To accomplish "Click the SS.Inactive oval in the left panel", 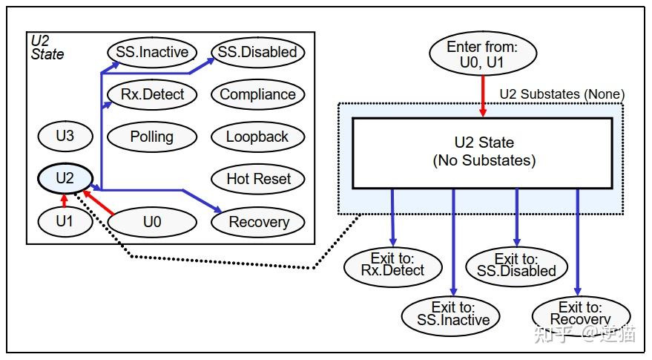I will [x=152, y=52].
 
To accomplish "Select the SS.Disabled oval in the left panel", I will [x=257, y=52].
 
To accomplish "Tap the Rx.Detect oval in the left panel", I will [x=152, y=94].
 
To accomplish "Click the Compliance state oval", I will [x=257, y=94].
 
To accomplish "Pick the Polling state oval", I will [x=152, y=137].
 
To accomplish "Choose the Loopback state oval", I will [x=257, y=137].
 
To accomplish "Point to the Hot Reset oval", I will [x=258, y=179].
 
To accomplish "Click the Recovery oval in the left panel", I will [x=258, y=222].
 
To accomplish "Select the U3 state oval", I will [x=65, y=137].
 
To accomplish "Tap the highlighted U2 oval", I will [x=65, y=178].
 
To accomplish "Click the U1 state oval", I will [x=65, y=221].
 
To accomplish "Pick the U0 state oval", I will [x=153, y=221].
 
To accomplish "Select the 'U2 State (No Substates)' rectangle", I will [x=483, y=151].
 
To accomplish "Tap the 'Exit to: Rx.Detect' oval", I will [x=393, y=266].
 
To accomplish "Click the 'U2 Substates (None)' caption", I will [x=562, y=94].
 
